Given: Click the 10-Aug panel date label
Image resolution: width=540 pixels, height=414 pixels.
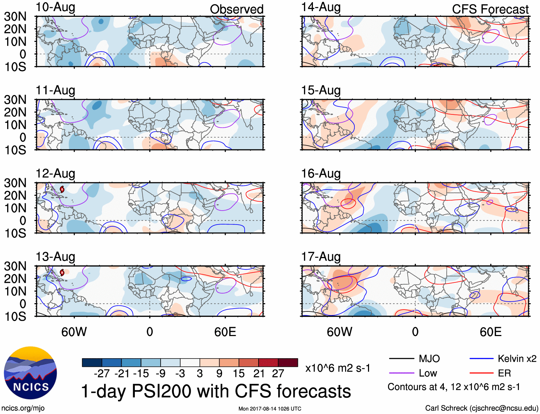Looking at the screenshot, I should coord(55,7).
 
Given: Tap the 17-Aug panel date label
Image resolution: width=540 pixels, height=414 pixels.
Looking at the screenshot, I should coord(321,257).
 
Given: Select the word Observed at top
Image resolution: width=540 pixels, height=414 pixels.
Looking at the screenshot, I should coord(236,9).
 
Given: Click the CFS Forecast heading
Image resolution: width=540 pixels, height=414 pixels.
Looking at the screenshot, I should coord(490,9).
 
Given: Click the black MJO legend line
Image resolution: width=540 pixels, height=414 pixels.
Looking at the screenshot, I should coord(401,359).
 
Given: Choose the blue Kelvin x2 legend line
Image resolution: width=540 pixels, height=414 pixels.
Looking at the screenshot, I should coord(481,359).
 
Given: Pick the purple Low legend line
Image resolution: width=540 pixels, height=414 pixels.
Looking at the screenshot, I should coord(401,373).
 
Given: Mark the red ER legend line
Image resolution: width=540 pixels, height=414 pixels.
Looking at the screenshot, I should coord(481,373).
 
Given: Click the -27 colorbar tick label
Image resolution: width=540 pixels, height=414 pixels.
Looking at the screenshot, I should coord(102,374).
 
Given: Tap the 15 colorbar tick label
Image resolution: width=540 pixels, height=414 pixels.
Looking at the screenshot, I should coord(239,374).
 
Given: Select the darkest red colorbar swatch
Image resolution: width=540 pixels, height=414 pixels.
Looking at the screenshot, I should coord(288,363).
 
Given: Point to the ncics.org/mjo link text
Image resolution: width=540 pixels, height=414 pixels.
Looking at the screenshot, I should coord(23,408).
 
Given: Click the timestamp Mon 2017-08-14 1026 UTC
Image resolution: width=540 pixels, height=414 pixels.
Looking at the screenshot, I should coord(270,409).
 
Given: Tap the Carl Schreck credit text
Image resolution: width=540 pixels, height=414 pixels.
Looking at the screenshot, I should coord(481,408).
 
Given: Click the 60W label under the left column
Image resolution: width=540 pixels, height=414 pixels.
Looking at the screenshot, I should coord(74,332).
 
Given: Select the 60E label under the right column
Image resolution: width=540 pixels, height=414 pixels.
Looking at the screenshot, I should coord(490,332).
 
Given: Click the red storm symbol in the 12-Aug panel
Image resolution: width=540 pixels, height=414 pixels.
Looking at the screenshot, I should coord(62,189).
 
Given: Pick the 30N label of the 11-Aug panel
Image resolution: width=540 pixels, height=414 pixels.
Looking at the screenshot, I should coord(15,100).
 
